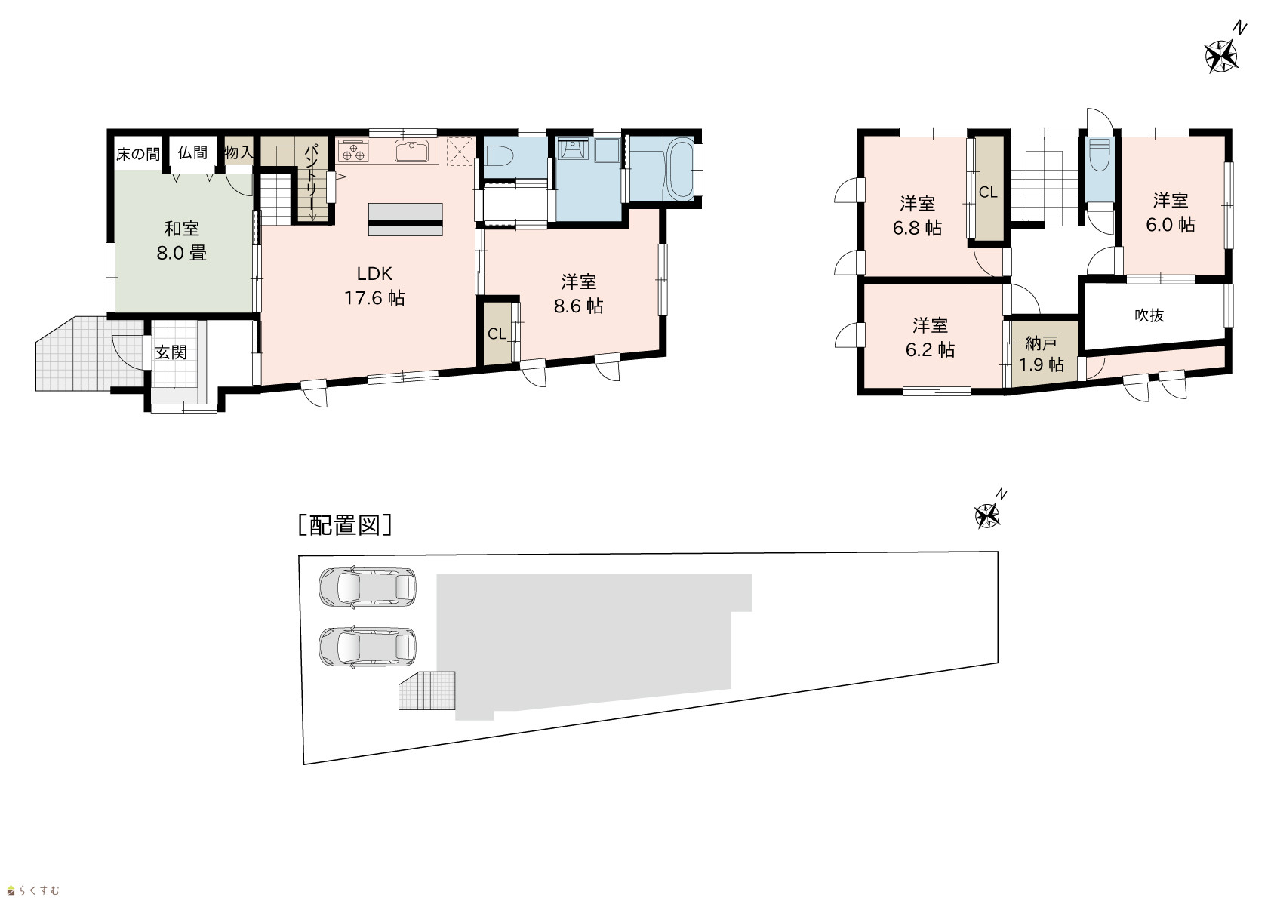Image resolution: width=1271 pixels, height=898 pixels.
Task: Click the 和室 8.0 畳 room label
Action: [x=182, y=241]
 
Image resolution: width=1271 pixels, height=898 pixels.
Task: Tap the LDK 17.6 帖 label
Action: [x=374, y=286]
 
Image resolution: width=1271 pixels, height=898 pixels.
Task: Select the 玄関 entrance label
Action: [x=171, y=352]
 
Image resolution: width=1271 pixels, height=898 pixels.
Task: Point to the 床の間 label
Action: [x=138, y=154]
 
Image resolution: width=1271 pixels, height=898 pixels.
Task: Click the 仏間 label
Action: [x=193, y=152]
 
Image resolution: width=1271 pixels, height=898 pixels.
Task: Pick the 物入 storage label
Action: [x=239, y=152]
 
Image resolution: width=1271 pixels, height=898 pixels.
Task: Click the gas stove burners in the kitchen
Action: [x=353, y=152]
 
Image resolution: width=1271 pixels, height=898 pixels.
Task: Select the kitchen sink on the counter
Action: [x=413, y=151]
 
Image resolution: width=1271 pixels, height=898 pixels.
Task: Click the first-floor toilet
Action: [x=499, y=155]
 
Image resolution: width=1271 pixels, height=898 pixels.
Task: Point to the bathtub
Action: [x=680, y=168]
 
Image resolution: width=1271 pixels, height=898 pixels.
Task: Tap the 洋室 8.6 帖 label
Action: [x=578, y=294]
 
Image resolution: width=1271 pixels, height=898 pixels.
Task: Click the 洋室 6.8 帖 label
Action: [x=917, y=216]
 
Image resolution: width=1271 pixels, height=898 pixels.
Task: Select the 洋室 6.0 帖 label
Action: [x=1171, y=212]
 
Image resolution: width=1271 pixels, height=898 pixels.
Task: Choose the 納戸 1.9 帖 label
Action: [x=1042, y=354]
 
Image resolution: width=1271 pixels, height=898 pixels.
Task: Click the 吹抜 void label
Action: [x=1149, y=315]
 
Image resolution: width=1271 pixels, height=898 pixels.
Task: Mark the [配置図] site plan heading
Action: [x=345, y=525]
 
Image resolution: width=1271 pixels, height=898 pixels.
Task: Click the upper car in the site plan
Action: [x=367, y=588]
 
